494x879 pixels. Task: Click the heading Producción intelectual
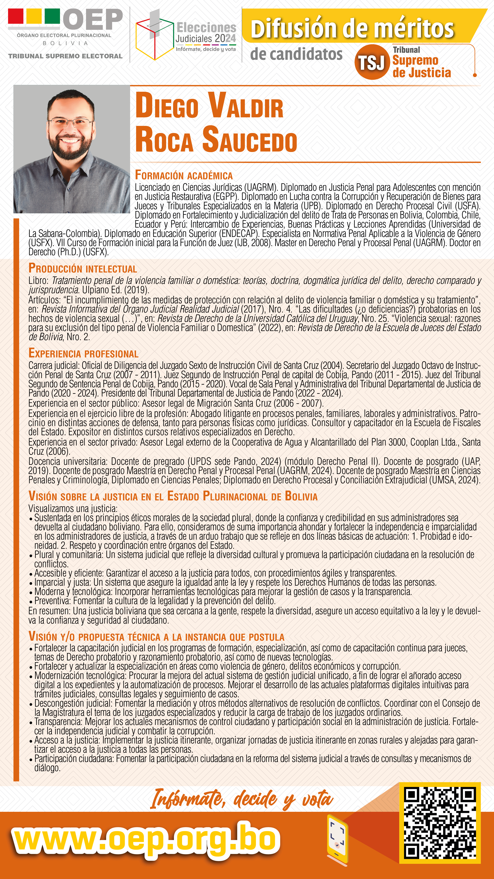click(83, 269)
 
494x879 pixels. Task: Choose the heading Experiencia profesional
click(83, 353)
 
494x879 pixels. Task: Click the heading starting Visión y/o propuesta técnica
click(156, 637)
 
